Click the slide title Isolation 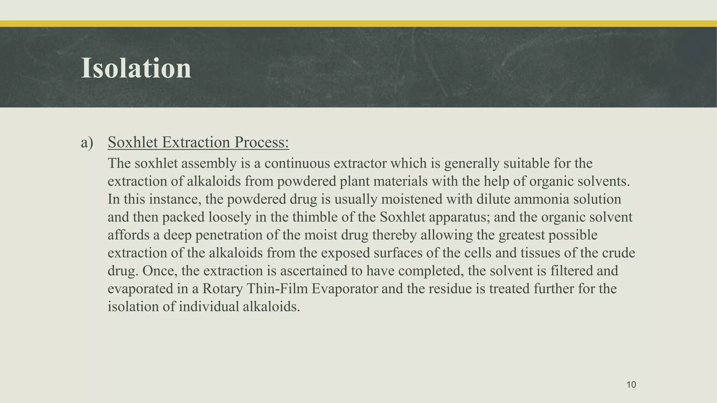pos(136,68)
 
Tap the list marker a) pos(87,143)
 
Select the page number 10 pos(631,385)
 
